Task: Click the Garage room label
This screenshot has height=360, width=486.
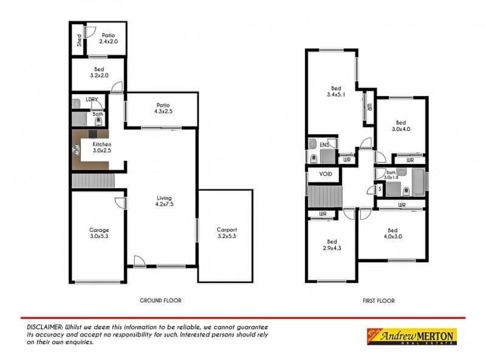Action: pyautogui.click(x=99, y=233)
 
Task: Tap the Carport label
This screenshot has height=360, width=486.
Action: pyautogui.click(x=227, y=233)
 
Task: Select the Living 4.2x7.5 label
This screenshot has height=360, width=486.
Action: pyautogui.click(x=164, y=202)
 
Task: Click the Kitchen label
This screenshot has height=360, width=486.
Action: pyautogui.click(x=101, y=148)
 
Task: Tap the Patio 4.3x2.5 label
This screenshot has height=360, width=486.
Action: pyautogui.click(x=162, y=108)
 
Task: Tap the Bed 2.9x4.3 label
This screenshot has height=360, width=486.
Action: pyautogui.click(x=330, y=245)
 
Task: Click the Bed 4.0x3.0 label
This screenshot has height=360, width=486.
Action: pyautogui.click(x=392, y=234)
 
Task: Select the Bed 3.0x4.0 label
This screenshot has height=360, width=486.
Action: pyautogui.click(x=401, y=126)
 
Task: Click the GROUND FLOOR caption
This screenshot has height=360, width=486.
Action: pyautogui.click(x=160, y=301)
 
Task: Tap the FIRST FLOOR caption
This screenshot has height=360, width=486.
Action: pyautogui.click(x=377, y=301)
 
